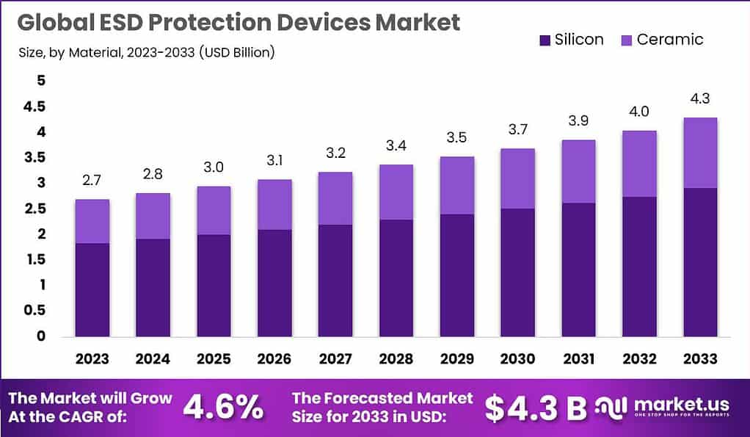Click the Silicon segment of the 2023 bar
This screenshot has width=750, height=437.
(92, 289)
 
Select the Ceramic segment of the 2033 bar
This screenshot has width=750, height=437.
(699, 153)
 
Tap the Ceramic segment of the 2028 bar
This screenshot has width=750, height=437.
(396, 192)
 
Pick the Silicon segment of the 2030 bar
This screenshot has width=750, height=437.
(517, 272)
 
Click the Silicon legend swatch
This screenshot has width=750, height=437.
(545, 40)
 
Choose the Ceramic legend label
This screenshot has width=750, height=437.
(669, 40)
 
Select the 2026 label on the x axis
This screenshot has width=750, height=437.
(274, 359)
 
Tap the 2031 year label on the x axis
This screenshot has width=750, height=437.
(578, 359)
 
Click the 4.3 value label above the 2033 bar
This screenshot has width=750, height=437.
(699, 98)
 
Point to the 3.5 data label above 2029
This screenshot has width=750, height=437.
(457, 138)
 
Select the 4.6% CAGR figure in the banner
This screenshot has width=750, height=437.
(222, 408)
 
